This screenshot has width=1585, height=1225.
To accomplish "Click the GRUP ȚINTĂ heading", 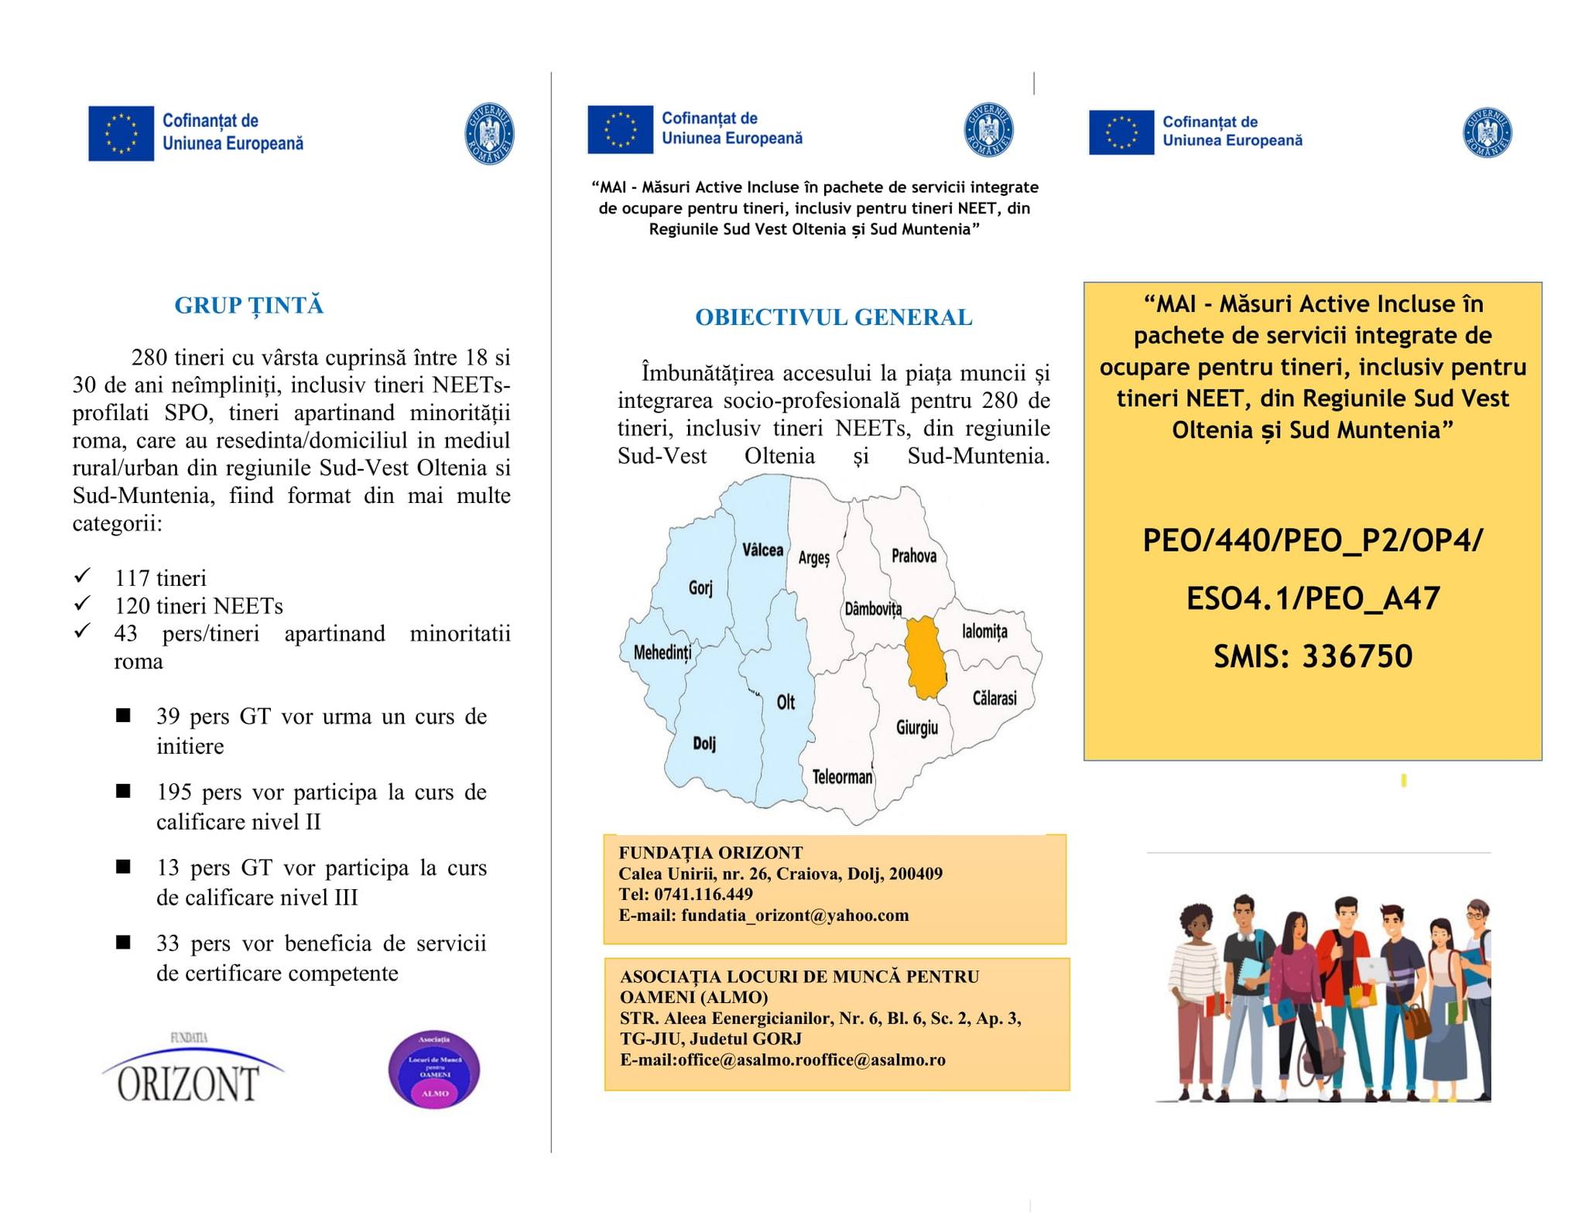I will tap(248, 305).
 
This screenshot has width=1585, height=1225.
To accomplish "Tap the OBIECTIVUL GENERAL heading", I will tap(833, 317).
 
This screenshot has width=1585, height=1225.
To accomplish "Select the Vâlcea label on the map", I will tap(762, 549).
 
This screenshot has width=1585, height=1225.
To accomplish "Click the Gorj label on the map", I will tap(700, 587).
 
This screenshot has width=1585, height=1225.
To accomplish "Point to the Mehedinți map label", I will tap(662, 652).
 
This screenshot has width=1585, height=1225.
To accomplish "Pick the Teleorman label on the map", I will tap(842, 776).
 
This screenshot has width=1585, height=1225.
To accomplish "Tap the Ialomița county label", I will tap(984, 631).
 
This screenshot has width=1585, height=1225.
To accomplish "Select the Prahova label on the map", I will tap(913, 556).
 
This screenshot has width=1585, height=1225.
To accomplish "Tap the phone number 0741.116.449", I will tap(703, 894).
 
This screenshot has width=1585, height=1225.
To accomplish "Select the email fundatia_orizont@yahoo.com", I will tap(795, 915).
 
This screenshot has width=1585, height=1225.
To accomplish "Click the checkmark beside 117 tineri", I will tap(82, 576).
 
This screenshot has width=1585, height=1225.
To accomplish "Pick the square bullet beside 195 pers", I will tap(123, 791).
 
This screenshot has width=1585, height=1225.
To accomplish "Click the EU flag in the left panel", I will tap(121, 133).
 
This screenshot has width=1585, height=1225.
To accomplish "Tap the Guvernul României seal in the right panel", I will tap(1487, 132).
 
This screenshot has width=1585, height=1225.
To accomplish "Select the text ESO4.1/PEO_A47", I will tap(1313, 598).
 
